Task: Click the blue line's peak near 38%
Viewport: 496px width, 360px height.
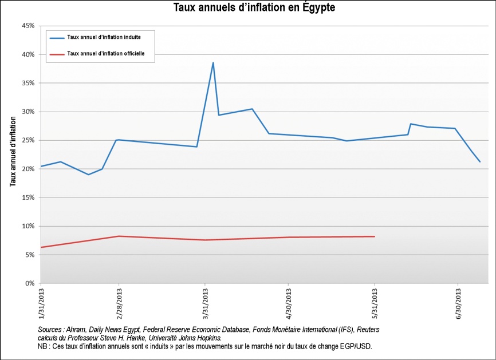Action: pyautogui.click(x=213, y=63)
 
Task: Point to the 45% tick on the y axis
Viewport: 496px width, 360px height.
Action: pyautogui.click(x=27, y=26)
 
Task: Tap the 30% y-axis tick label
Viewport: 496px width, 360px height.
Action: pyautogui.click(x=27, y=112)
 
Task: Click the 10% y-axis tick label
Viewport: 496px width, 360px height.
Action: pyautogui.click(x=27, y=226)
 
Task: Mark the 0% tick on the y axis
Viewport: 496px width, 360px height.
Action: pyautogui.click(x=30, y=283)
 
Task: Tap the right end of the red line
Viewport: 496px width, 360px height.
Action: pyautogui.click(x=374, y=236)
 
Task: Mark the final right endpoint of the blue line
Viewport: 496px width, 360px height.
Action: pyautogui.click(x=479, y=161)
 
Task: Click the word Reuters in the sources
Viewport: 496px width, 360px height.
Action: pyautogui.click(x=367, y=330)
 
